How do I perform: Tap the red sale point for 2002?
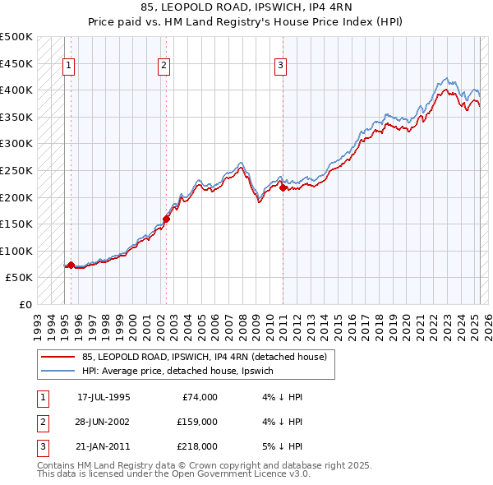point(166,219)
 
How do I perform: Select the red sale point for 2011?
point(283,187)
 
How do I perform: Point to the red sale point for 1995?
point(71,265)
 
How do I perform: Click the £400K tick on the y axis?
point(18,90)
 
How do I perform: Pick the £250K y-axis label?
point(18,170)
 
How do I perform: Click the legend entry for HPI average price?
point(182,371)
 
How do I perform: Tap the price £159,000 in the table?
point(196,423)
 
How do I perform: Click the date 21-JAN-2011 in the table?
point(104,446)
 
